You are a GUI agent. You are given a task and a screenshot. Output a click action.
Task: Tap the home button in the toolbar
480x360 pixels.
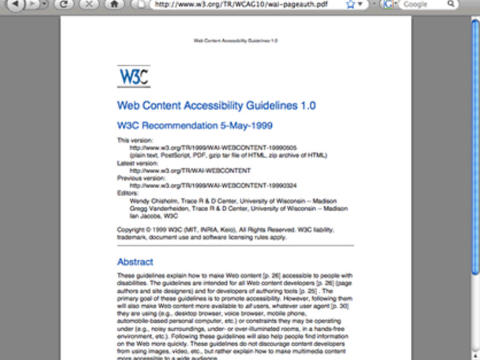(x=113, y=4)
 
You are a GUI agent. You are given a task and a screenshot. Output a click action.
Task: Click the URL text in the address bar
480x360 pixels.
(x=242, y=4)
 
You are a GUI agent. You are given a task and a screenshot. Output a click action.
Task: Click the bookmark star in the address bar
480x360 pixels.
(x=350, y=4)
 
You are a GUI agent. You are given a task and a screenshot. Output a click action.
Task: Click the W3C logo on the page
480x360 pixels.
(x=133, y=77)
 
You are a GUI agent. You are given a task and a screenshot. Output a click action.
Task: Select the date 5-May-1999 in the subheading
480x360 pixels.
(x=246, y=126)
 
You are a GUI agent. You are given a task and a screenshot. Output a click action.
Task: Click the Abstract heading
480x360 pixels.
(x=135, y=262)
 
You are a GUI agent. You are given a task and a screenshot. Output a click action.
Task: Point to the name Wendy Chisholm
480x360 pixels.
(x=153, y=201)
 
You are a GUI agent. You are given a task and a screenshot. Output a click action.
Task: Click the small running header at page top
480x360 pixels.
(x=236, y=40)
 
